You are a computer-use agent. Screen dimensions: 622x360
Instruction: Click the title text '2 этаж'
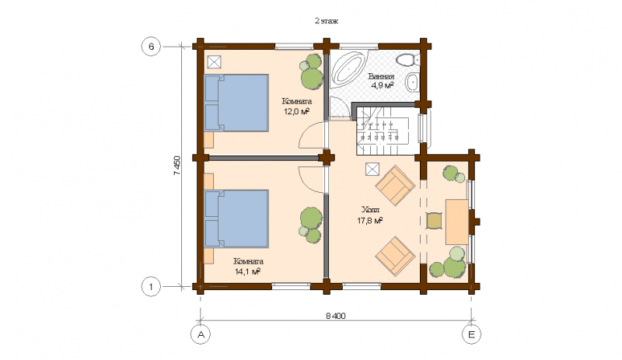(x=326, y=21)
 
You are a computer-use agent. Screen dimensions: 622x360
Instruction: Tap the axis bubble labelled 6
(x=151, y=47)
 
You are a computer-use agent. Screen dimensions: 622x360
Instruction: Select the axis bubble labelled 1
(x=151, y=286)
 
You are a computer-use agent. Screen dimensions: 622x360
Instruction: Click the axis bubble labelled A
(x=201, y=334)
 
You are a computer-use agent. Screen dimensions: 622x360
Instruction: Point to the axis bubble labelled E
(x=472, y=334)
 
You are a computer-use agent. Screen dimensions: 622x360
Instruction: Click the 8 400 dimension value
(x=336, y=316)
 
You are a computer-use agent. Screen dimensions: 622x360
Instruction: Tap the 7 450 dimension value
(x=177, y=166)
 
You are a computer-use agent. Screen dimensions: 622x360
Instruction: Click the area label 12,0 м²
(x=297, y=111)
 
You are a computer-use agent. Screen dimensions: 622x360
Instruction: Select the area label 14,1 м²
(x=247, y=271)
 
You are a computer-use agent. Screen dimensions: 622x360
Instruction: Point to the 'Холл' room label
(x=371, y=210)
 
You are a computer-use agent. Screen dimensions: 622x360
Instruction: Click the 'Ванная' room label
(x=381, y=77)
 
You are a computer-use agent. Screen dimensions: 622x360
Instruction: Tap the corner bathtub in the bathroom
(x=348, y=68)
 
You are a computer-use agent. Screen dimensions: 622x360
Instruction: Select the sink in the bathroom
(x=412, y=82)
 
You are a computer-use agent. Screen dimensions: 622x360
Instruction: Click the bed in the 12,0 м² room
(x=236, y=103)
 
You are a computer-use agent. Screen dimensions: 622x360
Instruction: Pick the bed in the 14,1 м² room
(x=236, y=218)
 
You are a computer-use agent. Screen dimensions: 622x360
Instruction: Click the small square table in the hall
(x=434, y=221)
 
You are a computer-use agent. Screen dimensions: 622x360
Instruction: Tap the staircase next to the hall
(x=383, y=131)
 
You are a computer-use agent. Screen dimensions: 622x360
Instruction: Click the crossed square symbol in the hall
(x=372, y=169)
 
